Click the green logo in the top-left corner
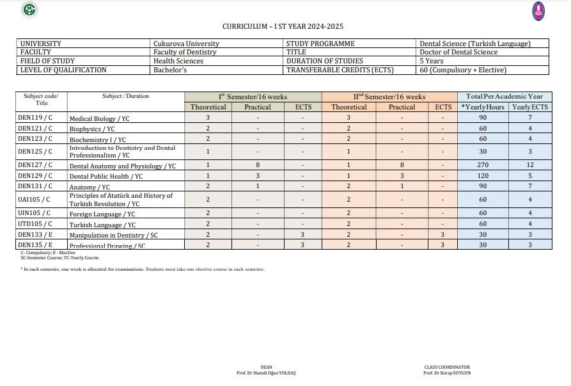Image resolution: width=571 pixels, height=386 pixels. point(29,9)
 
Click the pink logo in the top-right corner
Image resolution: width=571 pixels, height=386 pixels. point(538,10)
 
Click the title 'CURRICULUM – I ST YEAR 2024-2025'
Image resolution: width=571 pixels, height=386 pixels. point(283,26)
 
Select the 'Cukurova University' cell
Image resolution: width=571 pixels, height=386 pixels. point(186,44)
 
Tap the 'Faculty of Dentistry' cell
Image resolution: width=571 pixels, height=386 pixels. point(185,52)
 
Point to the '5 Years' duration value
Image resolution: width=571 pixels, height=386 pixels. point(431,61)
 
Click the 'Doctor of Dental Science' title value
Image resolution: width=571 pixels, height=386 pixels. point(458,52)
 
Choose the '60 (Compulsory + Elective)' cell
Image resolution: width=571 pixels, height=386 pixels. point(462,70)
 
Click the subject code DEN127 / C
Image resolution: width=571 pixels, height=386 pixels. point(35,165)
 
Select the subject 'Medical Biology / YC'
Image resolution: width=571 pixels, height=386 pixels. point(99,119)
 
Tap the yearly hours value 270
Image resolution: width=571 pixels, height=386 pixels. point(483,165)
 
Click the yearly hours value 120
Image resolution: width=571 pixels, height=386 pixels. point(483,175)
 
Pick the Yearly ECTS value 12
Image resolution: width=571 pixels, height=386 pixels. point(530,165)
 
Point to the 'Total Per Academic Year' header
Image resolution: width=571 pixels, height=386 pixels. point(505,97)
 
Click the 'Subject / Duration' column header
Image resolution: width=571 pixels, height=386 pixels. point(125,97)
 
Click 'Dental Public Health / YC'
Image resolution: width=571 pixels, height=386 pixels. point(106,177)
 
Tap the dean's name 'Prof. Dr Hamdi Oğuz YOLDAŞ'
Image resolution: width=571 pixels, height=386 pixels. point(266,373)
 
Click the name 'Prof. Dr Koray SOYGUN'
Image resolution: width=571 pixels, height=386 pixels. point(447,373)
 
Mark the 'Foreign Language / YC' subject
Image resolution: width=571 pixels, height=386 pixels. point(102,214)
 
